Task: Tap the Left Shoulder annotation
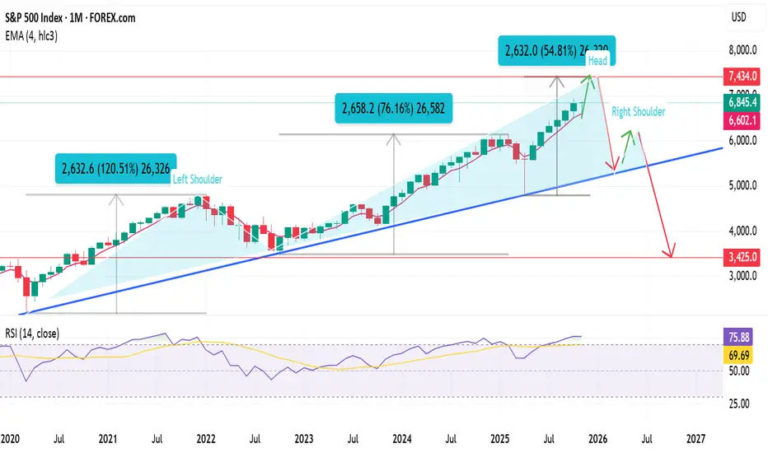point(197,178)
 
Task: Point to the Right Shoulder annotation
point(639,111)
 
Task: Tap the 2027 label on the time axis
point(695,440)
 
